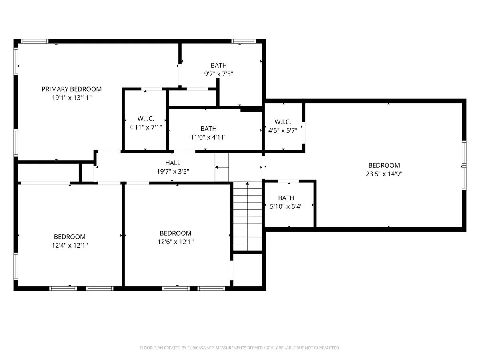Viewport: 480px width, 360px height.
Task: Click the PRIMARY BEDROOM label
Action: click(72, 89)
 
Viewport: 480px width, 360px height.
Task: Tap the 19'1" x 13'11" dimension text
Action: click(72, 98)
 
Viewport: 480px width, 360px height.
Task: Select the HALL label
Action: click(173, 163)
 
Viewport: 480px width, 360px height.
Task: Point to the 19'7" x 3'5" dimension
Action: click(173, 171)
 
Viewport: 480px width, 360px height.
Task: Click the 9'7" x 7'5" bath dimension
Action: click(219, 74)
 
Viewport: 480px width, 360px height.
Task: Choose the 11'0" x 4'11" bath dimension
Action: click(209, 137)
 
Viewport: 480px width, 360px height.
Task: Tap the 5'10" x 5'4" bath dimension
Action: click(286, 206)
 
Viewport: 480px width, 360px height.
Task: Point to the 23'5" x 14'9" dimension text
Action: click(384, 174)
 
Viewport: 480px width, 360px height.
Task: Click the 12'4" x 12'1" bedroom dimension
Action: click(70, 245)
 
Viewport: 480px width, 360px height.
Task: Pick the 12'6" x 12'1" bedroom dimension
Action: click(176, 242)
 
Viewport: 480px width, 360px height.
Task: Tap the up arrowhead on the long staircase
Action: click(247, 183)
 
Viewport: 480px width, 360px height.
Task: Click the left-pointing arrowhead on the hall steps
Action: click(216, 167)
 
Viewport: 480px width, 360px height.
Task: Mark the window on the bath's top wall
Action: click(244, 41)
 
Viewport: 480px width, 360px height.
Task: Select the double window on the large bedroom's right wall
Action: click(464, 166)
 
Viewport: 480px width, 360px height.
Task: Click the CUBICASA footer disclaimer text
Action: click(240, 348)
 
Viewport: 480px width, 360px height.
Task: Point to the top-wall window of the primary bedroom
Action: click(34, 41)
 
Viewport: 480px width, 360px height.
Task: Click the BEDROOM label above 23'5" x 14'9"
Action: click(384, 165)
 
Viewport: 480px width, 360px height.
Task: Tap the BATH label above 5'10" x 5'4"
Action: click(286, 198)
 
